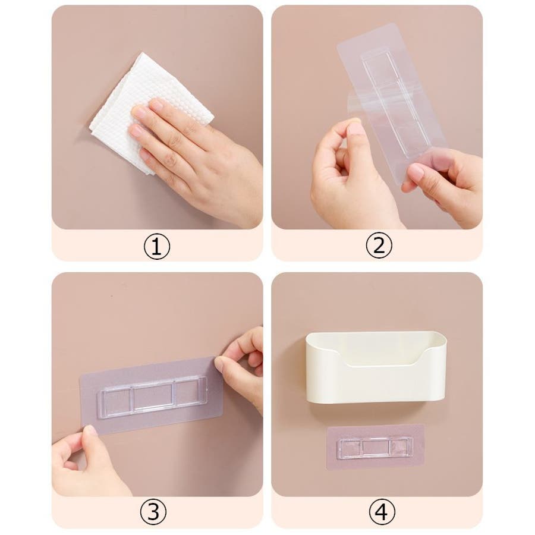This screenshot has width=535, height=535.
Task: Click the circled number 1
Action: point(156,246)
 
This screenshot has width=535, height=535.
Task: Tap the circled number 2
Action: point(379,246)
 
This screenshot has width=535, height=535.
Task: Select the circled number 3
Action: point(153,512)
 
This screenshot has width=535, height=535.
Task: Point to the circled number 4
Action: point(382,512)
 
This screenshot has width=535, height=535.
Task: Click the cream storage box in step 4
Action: point(376,367)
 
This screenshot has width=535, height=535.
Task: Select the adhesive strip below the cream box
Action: point(376,447)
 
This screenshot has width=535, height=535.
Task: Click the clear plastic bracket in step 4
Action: point(375,447)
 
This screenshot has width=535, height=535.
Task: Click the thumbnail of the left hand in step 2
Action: point(355,130)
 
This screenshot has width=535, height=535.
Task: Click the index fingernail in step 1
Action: point(156,103)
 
